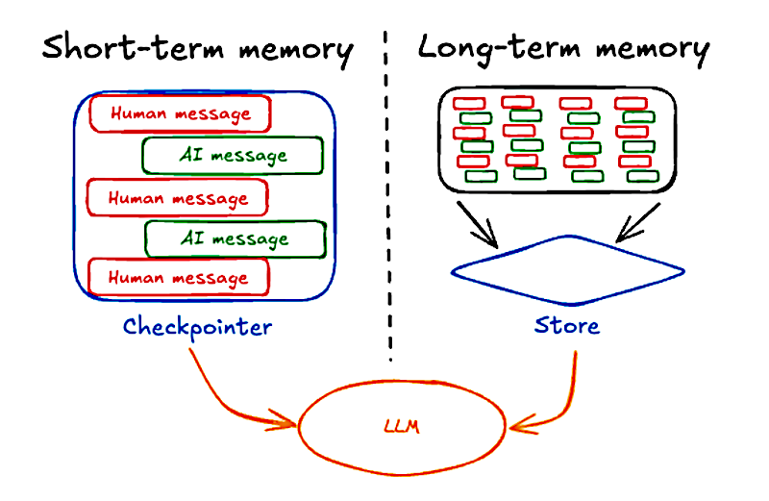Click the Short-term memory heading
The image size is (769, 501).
[x=197, y=50]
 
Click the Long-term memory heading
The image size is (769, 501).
[x=563, y=50]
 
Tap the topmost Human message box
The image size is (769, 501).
[x=180, y=113]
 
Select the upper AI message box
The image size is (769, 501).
[x=233, y=156]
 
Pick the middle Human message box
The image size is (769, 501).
[x=178, y=198]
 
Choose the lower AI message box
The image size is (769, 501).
[x=236, y=239]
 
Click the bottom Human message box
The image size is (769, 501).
[x=179, y=278]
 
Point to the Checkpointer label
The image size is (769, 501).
[x=197, y=327]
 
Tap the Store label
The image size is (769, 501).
[x=566, y=325]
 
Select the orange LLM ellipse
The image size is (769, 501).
[x=300, y=427]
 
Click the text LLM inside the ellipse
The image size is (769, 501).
[x=402, y=426]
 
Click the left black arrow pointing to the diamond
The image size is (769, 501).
[x=477, y=224]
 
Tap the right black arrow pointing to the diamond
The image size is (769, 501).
[x=638, y=222]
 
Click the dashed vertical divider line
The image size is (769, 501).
[x=388, y=196]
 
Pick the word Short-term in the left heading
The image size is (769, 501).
[x=133, y=47]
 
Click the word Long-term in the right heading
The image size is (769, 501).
[x=499, y=49]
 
